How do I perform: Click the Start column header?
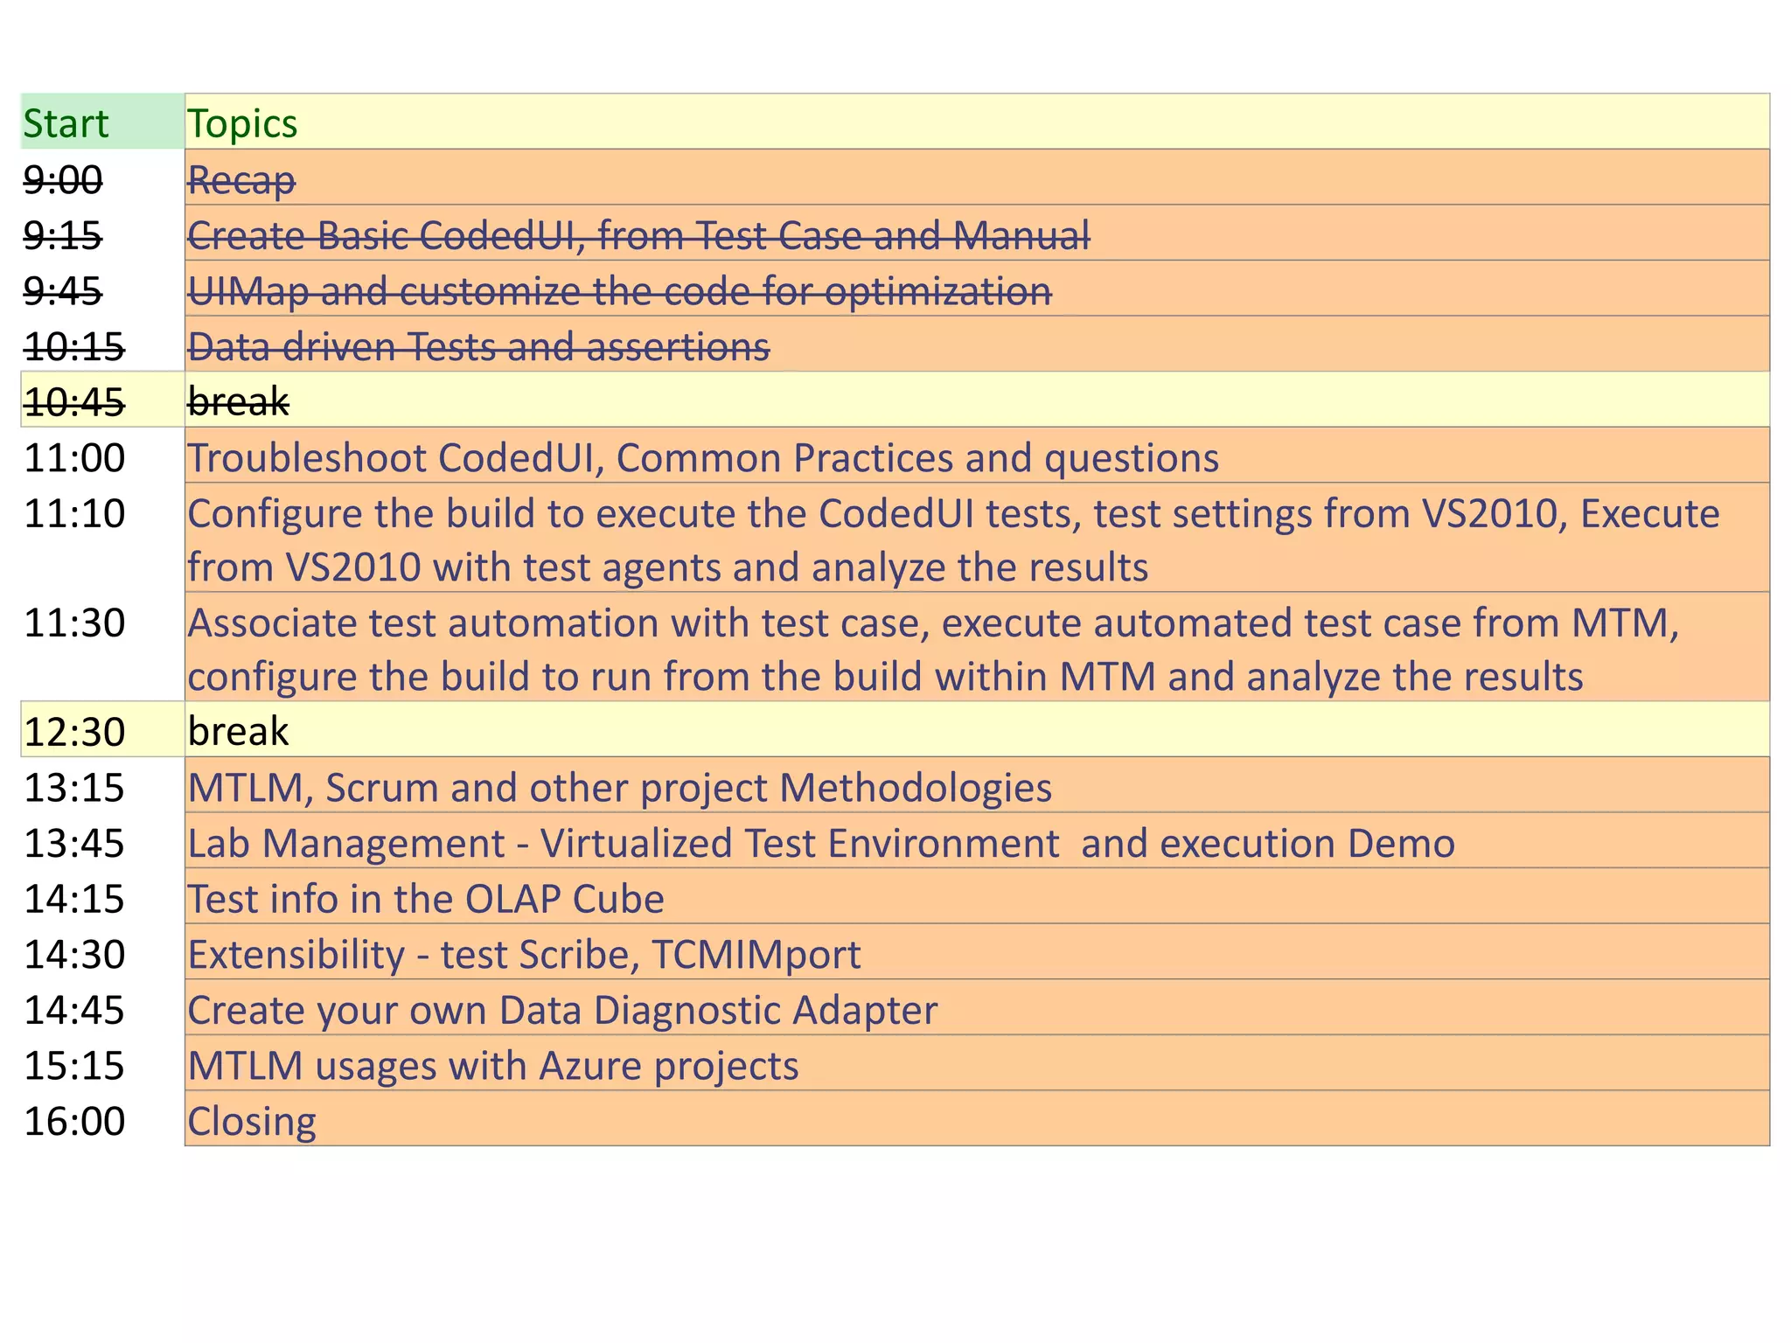[66, 123]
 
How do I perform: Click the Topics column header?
[242, 123]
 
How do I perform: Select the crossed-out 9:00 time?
[63, 180]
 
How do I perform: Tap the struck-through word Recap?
[241, 180]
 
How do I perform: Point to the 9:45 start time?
[63, 291]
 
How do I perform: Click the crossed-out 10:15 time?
[74, 347]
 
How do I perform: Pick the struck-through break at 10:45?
[238, 402]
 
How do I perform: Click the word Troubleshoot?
[307, 458]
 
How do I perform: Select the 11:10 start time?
[74, 513]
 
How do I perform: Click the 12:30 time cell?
[74, 732]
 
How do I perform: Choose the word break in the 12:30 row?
[238, 732]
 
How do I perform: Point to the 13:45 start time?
[74, 844]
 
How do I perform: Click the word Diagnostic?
[686, 1011]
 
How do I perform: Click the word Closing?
[252, 1122]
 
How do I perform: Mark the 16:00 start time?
[74, 1122]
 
